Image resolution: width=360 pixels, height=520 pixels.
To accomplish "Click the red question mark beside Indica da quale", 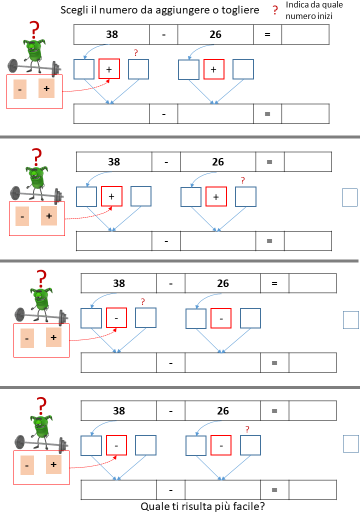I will coord(274,10).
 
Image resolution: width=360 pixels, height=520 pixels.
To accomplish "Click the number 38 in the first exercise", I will coord(112,34).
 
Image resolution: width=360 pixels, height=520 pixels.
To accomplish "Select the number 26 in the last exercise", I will coord(223,411).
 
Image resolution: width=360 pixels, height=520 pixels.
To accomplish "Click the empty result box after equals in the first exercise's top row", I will coord(305,34).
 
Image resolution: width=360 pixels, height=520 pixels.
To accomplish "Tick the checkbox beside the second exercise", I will coord(349,197).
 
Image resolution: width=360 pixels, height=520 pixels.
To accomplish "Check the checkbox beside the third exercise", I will coord(351,320).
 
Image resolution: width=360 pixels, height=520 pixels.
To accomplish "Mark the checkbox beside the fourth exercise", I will coord(351,443).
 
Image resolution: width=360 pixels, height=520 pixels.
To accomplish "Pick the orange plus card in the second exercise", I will coord(48,216).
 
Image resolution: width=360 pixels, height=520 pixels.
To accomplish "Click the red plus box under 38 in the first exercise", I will coord(109,69).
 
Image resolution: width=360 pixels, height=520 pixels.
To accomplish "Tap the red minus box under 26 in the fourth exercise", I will coord(221,445).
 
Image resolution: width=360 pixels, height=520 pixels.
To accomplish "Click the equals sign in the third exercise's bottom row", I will coord(274,362).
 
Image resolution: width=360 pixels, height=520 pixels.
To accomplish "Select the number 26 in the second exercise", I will coord(218,162).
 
